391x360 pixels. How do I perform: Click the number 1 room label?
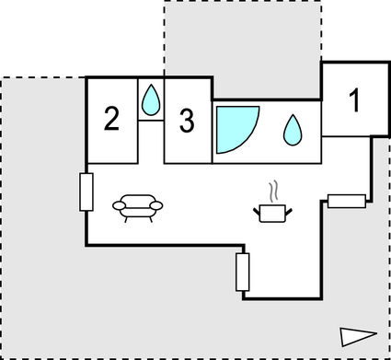pyautogui.click(x=354, y=100)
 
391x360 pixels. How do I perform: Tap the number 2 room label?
pyautogui.click(x=111, y=119)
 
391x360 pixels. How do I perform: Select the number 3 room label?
pyautogui.click(x=187, y=121)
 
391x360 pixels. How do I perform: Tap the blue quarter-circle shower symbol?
pyautogui.click(x=232, y=129)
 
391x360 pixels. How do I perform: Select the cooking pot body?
pyautogui.click(x=272, y=214)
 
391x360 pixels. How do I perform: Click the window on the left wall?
pyautogui.click(x=86, y=192)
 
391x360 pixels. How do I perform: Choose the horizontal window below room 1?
pyautogui.click(x=347, y=201)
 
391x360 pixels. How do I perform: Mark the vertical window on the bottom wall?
pyautogui.click(x=243, y=271)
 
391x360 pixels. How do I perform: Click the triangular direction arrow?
pyautogui.click(x=357, y=337)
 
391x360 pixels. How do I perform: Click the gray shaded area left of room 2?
pyautogui.click(x=41, y=138)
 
